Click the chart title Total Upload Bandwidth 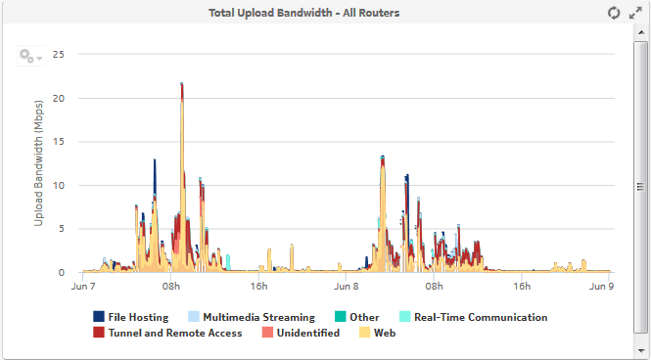(303, 13)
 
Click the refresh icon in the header (614, 13)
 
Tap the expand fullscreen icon (635, 13)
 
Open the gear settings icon (28, 56)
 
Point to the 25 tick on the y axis (58, 55)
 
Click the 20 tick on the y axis (58, 98)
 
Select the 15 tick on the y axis (58, 142)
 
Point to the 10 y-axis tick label (58, 185)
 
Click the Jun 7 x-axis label (83, 287)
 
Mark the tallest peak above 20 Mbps (182, 86)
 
